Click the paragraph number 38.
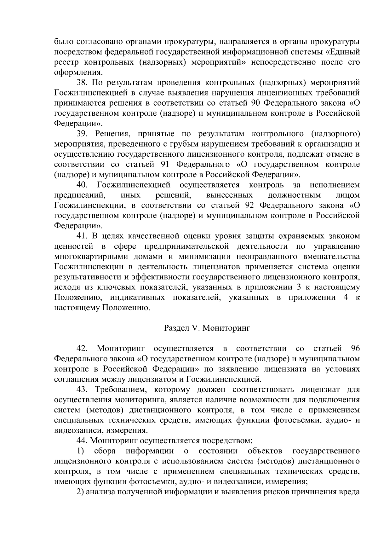point(82,83)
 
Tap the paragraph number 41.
point(82,236)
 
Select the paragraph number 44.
point(82,441)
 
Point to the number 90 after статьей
point(257,103)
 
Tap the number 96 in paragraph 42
point(355,349)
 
